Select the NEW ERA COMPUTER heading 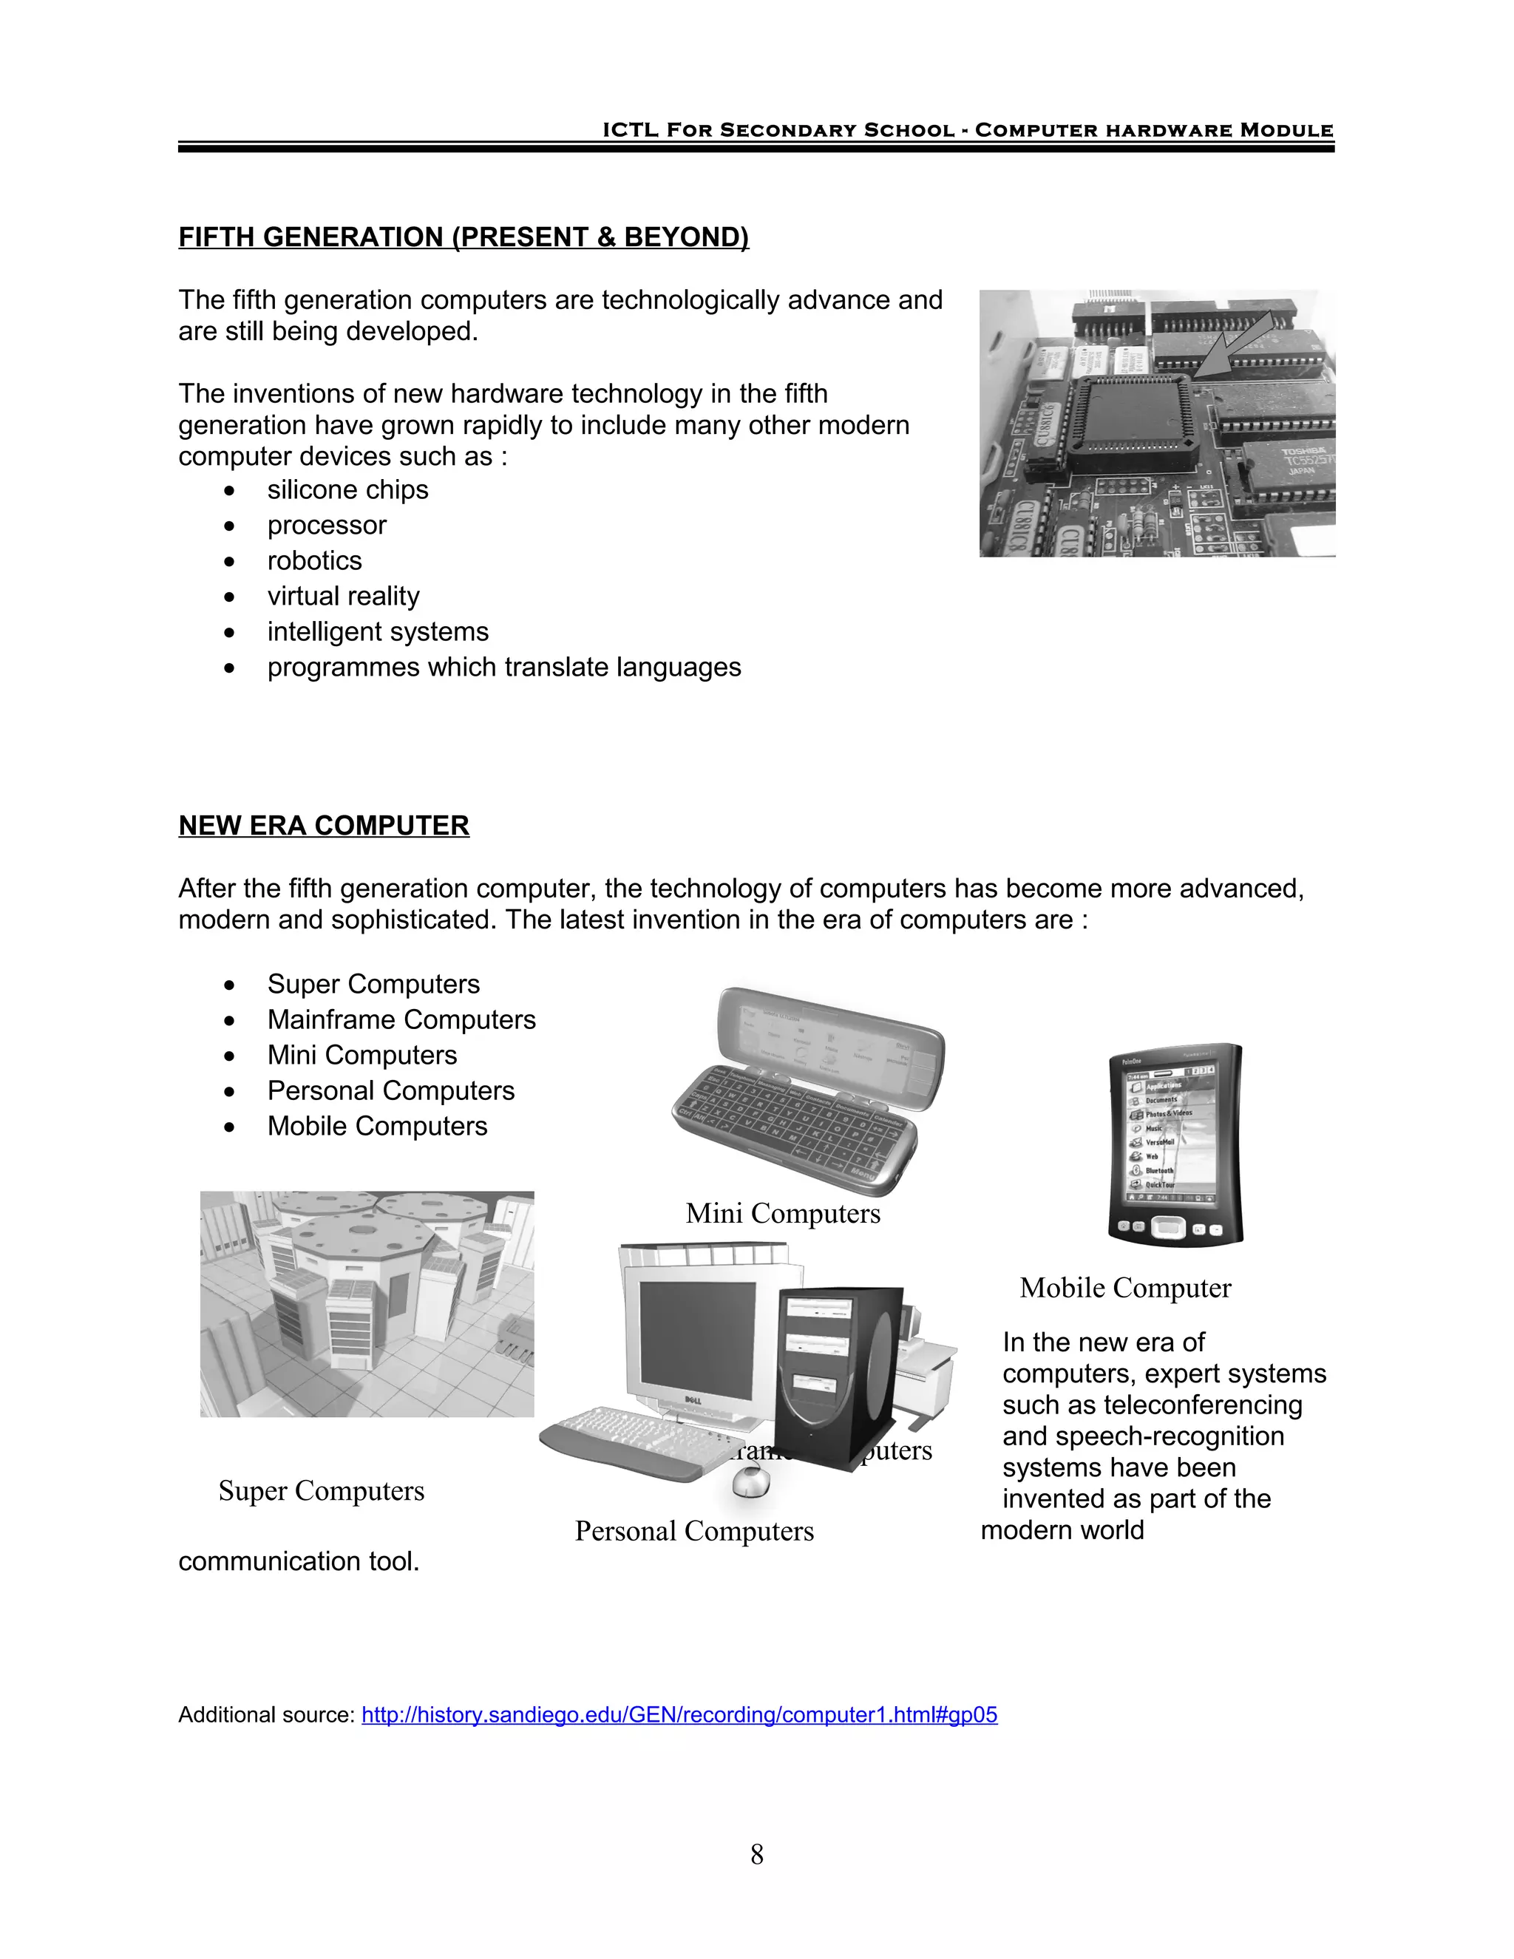point(324,825)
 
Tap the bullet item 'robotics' point(314,560)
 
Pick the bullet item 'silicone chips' point(347,489)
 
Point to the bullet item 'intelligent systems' point(378,632)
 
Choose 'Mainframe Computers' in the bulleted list point(401,1020)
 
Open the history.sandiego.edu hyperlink point(679,1715)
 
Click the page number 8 point(757,1854)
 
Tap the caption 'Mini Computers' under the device point(783,1214)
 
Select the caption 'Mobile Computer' point(1124,1288)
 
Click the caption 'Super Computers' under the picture point(321,1491)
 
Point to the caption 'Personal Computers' point(694,1531)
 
